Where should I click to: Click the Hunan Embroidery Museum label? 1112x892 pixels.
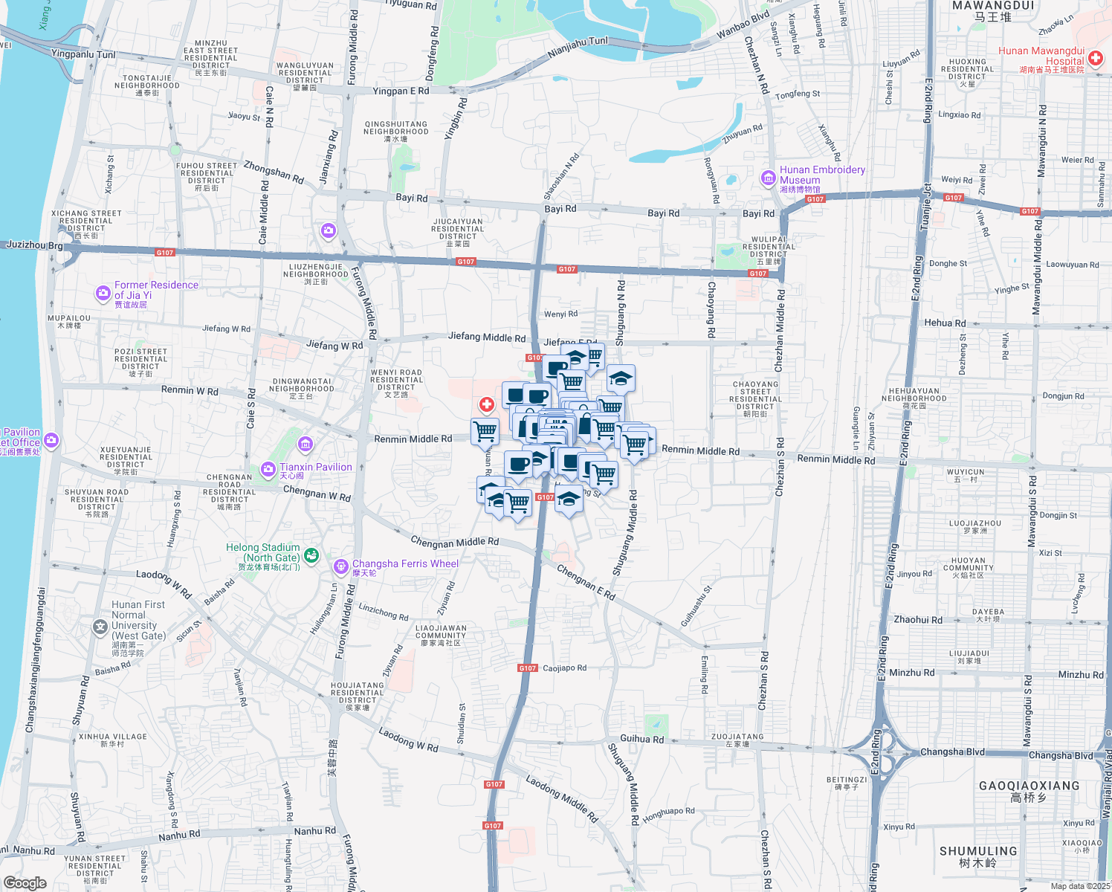click(821, 175)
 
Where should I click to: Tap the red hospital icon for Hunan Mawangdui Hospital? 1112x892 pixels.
click(1095, 58)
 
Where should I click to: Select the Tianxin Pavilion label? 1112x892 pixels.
click(315, 468)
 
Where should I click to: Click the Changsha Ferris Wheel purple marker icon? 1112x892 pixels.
click(341, 567)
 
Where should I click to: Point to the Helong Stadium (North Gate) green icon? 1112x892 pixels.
click(311, 555)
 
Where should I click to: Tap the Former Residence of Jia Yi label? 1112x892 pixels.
click(156, 290)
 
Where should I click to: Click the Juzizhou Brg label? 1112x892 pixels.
click(34, 245)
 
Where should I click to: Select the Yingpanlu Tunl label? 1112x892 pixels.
click(83, 54)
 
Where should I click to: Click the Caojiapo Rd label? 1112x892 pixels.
click(564, 668)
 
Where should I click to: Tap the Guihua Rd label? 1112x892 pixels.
click(642, 739)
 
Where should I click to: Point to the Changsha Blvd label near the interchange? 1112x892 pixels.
click(952, 752)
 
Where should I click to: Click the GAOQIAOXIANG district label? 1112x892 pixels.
click(1029, 786)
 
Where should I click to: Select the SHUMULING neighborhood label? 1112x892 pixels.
click(977, 851)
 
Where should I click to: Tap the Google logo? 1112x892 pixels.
click(25, 883)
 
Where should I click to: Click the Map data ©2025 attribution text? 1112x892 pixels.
click(1080, 886)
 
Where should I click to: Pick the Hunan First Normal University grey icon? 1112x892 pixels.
click(100, 627)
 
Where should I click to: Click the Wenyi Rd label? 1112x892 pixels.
click(560, 314)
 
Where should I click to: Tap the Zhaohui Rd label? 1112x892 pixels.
click(918, 620)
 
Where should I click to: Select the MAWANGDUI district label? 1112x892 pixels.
click(992, 6)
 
